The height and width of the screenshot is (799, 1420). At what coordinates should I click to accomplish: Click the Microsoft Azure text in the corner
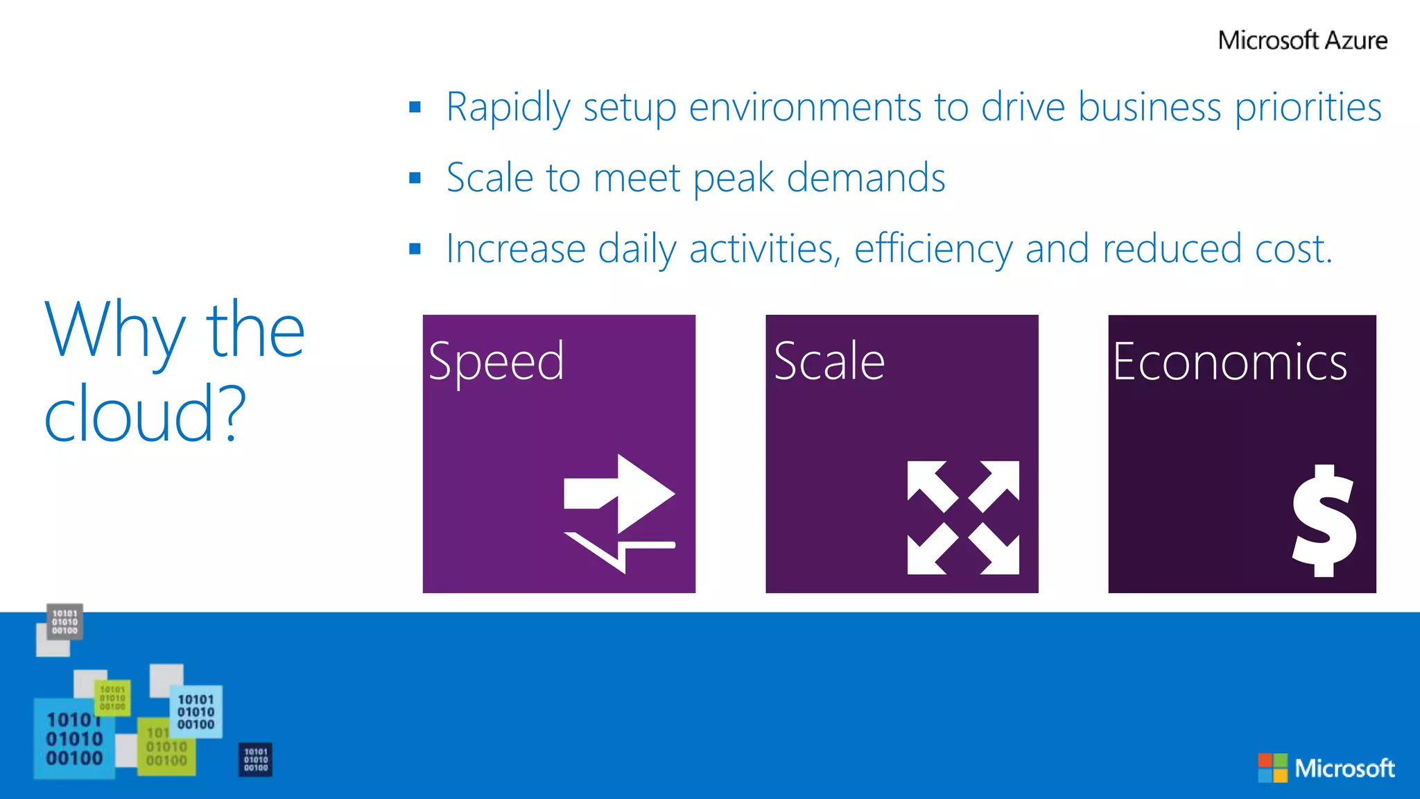pyautogui.click(x=1302, y=40)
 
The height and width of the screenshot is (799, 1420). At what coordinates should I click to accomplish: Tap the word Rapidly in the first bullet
pyautogui.click(x=508, y=108)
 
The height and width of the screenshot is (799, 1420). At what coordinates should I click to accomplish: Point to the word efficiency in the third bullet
pyautogui.click(x=933, y=250)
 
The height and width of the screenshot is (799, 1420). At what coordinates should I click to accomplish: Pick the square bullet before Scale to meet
pyautogui.click(x=415, y=178)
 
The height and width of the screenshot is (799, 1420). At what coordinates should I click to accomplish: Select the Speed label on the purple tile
pyautogui.click(x=496, y=361)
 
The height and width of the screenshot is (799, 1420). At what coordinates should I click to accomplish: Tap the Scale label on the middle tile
pyautogui.click(x=829, y=361)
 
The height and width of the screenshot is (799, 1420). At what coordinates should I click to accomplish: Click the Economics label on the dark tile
pyautogui.click(x=1229, y=361)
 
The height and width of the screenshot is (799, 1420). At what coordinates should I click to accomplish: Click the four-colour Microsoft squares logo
pyautogui.click(x=1272, y=768)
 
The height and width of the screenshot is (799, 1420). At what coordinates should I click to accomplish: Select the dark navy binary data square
pyautogui.click(x=255, y=759)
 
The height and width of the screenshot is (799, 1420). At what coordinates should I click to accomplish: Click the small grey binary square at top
pyautogui.click(x=64, y=621)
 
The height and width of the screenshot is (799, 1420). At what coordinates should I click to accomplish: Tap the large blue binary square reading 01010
pyautogui.click(x=74, y=739)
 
